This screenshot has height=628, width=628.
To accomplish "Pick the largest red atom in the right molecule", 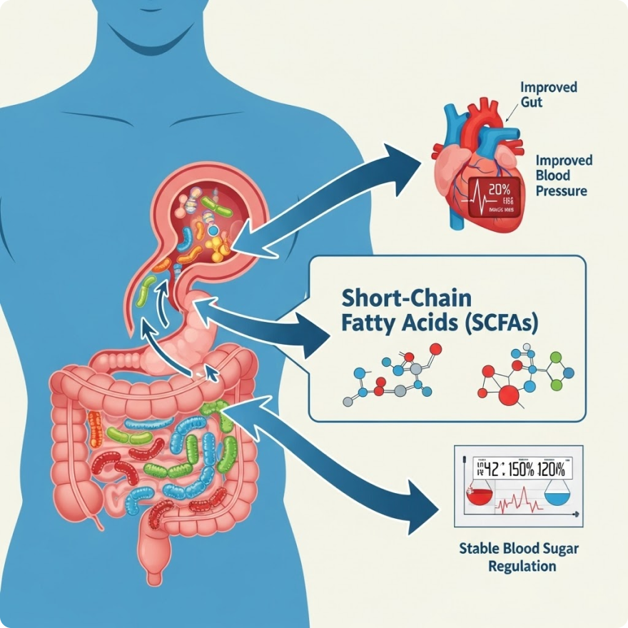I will [511, 395].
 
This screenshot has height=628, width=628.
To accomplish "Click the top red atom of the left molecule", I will [436, 349].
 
